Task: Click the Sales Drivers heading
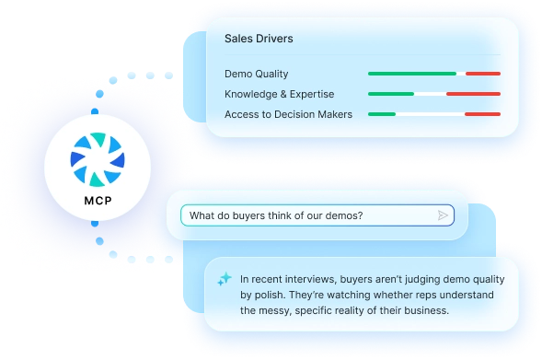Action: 259,39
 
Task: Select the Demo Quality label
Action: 256,74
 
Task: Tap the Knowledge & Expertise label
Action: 280,94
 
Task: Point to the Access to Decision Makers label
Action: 288,114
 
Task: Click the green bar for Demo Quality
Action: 412,74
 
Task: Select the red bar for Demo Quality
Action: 483,74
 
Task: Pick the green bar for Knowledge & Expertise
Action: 391,94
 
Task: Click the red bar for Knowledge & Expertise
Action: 473,94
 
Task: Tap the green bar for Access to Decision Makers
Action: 382,114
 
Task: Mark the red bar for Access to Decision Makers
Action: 482,114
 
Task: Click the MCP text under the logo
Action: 98,201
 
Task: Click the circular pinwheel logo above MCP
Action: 98,160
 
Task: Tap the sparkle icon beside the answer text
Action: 225,279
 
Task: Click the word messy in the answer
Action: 275,311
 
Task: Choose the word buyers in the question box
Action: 248,215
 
